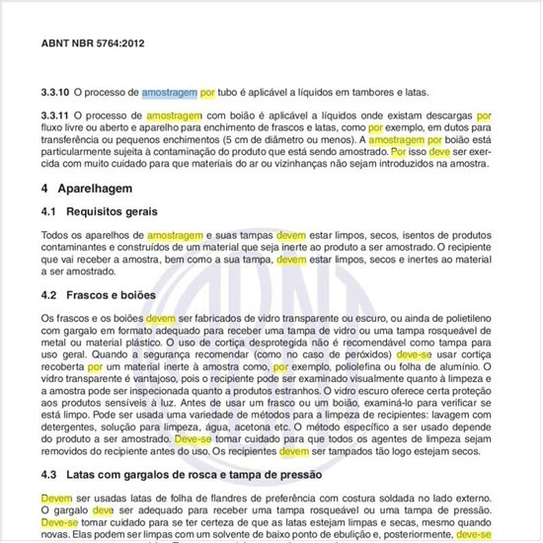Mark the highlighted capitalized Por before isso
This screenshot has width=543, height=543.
(x=398, y=154)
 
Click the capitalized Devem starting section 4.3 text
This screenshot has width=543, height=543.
(x=57, y=499)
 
